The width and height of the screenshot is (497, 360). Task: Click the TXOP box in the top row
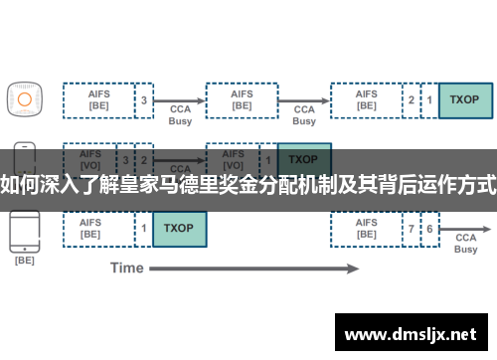pos(464,99)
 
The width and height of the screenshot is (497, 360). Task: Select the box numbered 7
pos(412,229)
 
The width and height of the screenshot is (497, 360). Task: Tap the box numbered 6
pos(429,229)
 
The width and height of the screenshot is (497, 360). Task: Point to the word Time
pos(126,268)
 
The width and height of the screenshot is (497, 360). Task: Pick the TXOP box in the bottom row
pos(179,229)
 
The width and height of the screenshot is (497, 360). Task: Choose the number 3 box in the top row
pos(144,99)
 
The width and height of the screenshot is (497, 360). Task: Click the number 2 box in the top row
pos(412,99)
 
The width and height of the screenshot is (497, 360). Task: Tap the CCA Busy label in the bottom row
pos(465,244)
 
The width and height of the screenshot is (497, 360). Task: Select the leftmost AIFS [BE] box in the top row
pos(98,99)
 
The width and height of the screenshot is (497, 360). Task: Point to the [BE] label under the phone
pos(24,260)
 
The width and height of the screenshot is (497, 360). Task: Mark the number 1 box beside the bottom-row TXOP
pos(144,229)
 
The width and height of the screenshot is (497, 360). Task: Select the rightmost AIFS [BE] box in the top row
pos(365,99)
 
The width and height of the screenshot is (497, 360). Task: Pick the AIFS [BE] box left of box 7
pos(365,229)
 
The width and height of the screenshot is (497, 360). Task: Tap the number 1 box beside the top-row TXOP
pos(429,99)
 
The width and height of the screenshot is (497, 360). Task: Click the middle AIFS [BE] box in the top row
pos(242,99)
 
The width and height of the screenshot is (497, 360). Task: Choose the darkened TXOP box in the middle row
pos(303,159)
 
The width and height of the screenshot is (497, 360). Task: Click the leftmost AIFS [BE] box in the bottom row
pos(98,229)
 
